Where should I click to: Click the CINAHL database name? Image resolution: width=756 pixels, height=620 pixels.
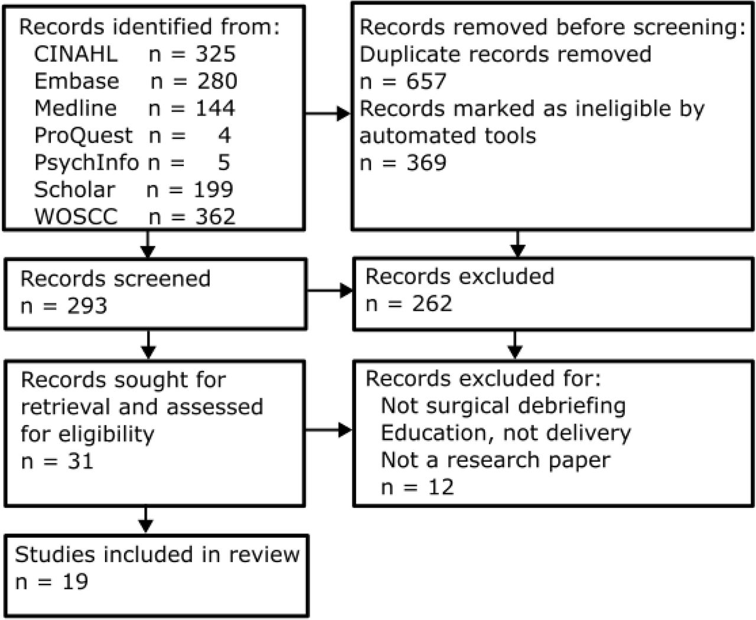click(76, 54)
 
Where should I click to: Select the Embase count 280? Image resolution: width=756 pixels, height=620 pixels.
click(217, 81)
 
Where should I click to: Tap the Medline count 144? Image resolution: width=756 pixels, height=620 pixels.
click(215, 108)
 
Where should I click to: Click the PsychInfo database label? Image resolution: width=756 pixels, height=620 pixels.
click(86, 163)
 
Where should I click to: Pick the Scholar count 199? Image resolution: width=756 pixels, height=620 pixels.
click(213, 190)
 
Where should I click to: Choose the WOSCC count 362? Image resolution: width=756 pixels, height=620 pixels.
click(215, 217)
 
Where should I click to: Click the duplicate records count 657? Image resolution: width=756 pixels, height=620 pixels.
click(426, 81)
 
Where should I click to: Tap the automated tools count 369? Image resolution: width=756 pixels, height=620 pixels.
click(426, 163)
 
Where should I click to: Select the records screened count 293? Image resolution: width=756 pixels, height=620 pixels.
click(87, 306)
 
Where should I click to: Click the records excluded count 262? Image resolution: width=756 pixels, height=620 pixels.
click(432, 304)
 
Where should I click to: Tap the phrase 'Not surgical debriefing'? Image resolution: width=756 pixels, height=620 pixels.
click(503, 406)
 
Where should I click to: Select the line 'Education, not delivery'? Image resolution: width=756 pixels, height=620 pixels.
click(506, 433)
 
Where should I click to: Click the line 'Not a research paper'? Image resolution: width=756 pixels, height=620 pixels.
click(496, 460)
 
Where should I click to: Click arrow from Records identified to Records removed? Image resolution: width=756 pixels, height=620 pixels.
click(328, 113)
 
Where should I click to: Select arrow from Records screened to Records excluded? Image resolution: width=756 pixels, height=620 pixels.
click(330, 291)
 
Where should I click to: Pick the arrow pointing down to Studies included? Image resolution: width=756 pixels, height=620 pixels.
click(145, 520)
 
